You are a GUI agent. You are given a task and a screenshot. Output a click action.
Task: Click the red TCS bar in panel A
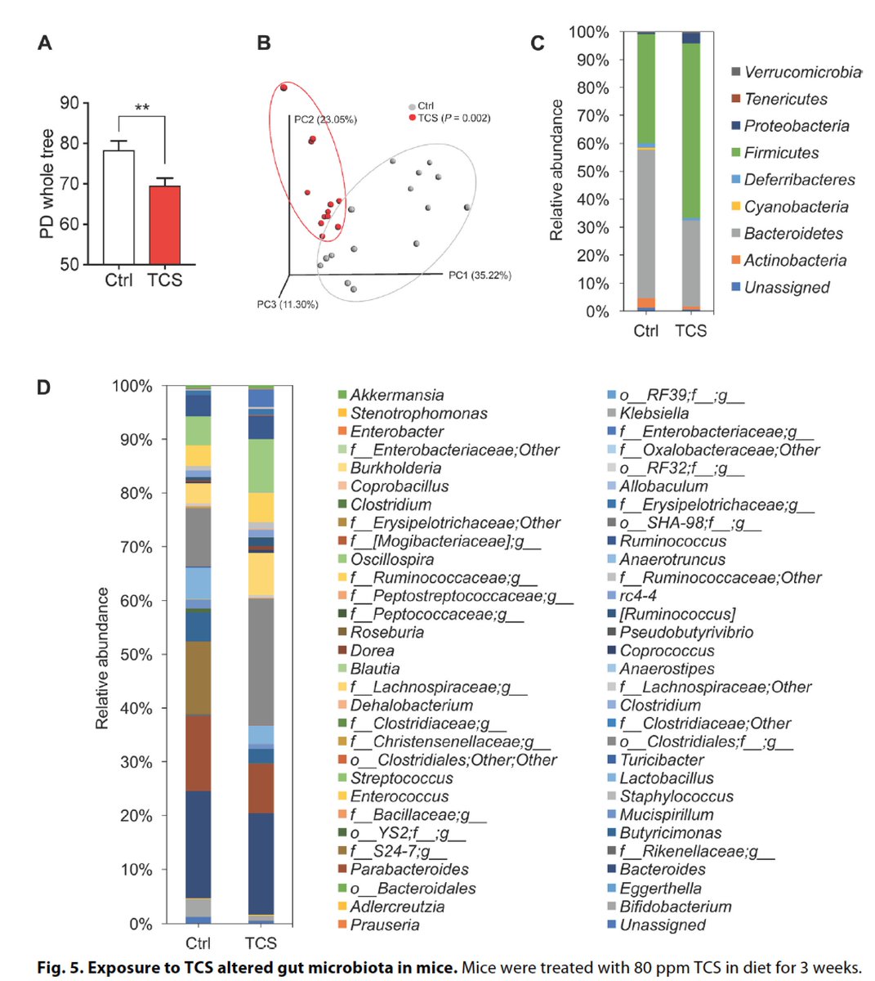(x=164, y=225)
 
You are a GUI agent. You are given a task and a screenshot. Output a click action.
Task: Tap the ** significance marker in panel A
(x=142, y=107)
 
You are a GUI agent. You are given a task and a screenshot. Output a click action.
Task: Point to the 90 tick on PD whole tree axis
(x=69, y=103)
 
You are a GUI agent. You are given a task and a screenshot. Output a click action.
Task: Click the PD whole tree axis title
(x=47, y=184)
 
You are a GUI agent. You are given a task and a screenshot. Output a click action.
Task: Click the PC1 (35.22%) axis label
(x=480, y=275)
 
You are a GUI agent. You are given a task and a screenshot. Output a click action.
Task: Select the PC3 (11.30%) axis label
(x=287, y=305)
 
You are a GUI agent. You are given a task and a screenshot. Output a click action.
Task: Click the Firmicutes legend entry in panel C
(x=781, y=153)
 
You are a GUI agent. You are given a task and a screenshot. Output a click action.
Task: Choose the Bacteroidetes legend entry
(x=792, y=234)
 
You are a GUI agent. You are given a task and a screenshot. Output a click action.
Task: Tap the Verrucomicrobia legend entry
(x=801, y=73)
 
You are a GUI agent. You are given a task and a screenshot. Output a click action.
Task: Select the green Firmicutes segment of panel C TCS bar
(x=691, y=131)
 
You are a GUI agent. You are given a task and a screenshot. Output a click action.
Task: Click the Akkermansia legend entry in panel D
(x=397, y=396)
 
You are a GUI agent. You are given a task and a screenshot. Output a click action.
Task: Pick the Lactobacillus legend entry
(x=666, y=778)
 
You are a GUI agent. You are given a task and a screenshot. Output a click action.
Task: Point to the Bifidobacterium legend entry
(x=675, y=907)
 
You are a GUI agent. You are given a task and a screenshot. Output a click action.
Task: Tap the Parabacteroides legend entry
(x=409, y=869)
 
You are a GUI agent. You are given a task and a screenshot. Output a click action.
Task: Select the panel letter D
(x=44, y=387)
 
